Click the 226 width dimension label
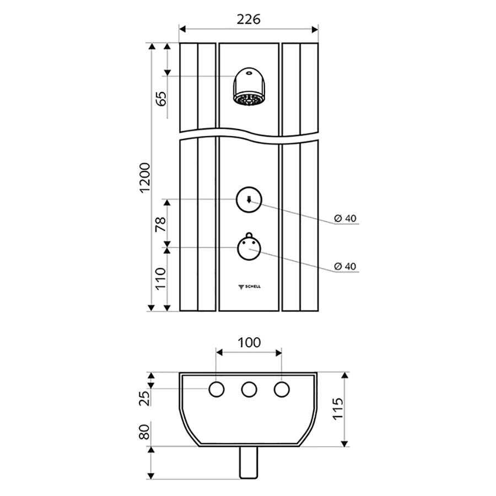click(x=249, y=19)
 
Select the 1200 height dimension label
click(x=145, y=177)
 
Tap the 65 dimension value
click(x=161, y=99)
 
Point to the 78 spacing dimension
click(x=161, y=224)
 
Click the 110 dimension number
click(x=161, y=278)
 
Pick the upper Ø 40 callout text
click(x=345, y=218)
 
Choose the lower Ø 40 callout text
click(x=345, y=266)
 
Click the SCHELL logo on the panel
click(x=250, y=287)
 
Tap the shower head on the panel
click(x=249, y=87)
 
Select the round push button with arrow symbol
click(x=249, y=200)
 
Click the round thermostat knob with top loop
click(x=249, y=247)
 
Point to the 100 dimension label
click(x=249, y=343)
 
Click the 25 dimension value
click(x=144, y=398)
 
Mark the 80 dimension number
click(x=144, y=432)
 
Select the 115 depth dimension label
click(x=338, y=409)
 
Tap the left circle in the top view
click(x=217, y=390)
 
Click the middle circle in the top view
click(x=249, y=390)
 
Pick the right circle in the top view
click(x=282, y=390)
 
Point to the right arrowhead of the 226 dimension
click(x=315, y=29)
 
